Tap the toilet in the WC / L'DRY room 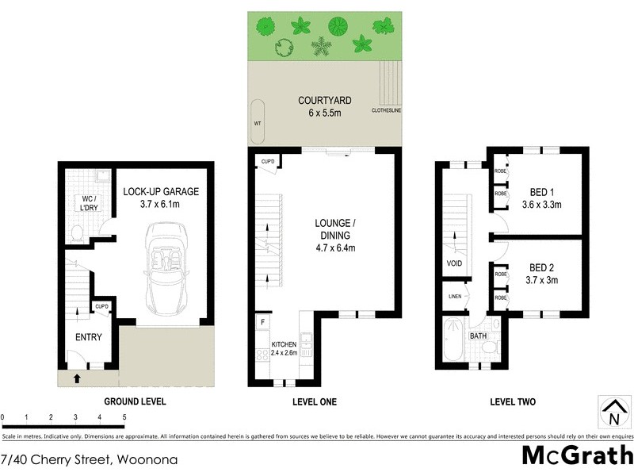78,232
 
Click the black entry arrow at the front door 76,379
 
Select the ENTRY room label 88,337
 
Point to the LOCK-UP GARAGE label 161,192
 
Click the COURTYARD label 325,101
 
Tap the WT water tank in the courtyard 258,123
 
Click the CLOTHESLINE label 386,111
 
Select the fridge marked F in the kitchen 262,323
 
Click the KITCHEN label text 285,344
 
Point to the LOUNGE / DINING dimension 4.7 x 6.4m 334,248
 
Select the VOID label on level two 455,263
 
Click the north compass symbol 613,411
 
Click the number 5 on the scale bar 124,416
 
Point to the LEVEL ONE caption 314,402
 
